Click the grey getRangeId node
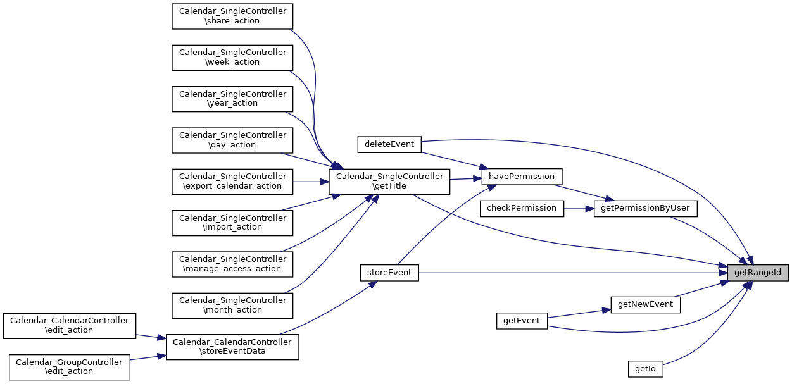pyautogui.click(x=758, y=273)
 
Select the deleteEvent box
pyautogui.click(x=389, y=144)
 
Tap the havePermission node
pyautogui.click(x=522, y=176)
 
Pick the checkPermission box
pyautogui.click(x=522, y=208)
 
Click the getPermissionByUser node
pyautogui.click(x=646, y=208)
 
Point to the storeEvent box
pyautogui.click(x=389, y=273)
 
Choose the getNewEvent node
pyautogui.click(x=645, y=304)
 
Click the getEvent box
pyautogui.click(x=521, y=321)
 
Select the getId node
pyautogui.click(x=645, y=368)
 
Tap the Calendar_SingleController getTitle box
pyautogui.click(x=389, y=181)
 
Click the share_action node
pyautogui.click(x=232, y=16)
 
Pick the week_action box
pyautogui.click(x=232, y=57)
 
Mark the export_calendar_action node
pyautogui.click(x=232, y=181)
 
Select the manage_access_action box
pyautogui.click(x=232, y=264)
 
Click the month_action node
pyautogui.click(x=232, y=305)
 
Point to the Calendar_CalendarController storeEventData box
pyautogui.click(x=232, y=347)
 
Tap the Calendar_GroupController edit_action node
pyautogui.click(x=69, y=367)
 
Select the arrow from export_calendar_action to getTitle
pyautogui.click(x=310, y=182)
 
